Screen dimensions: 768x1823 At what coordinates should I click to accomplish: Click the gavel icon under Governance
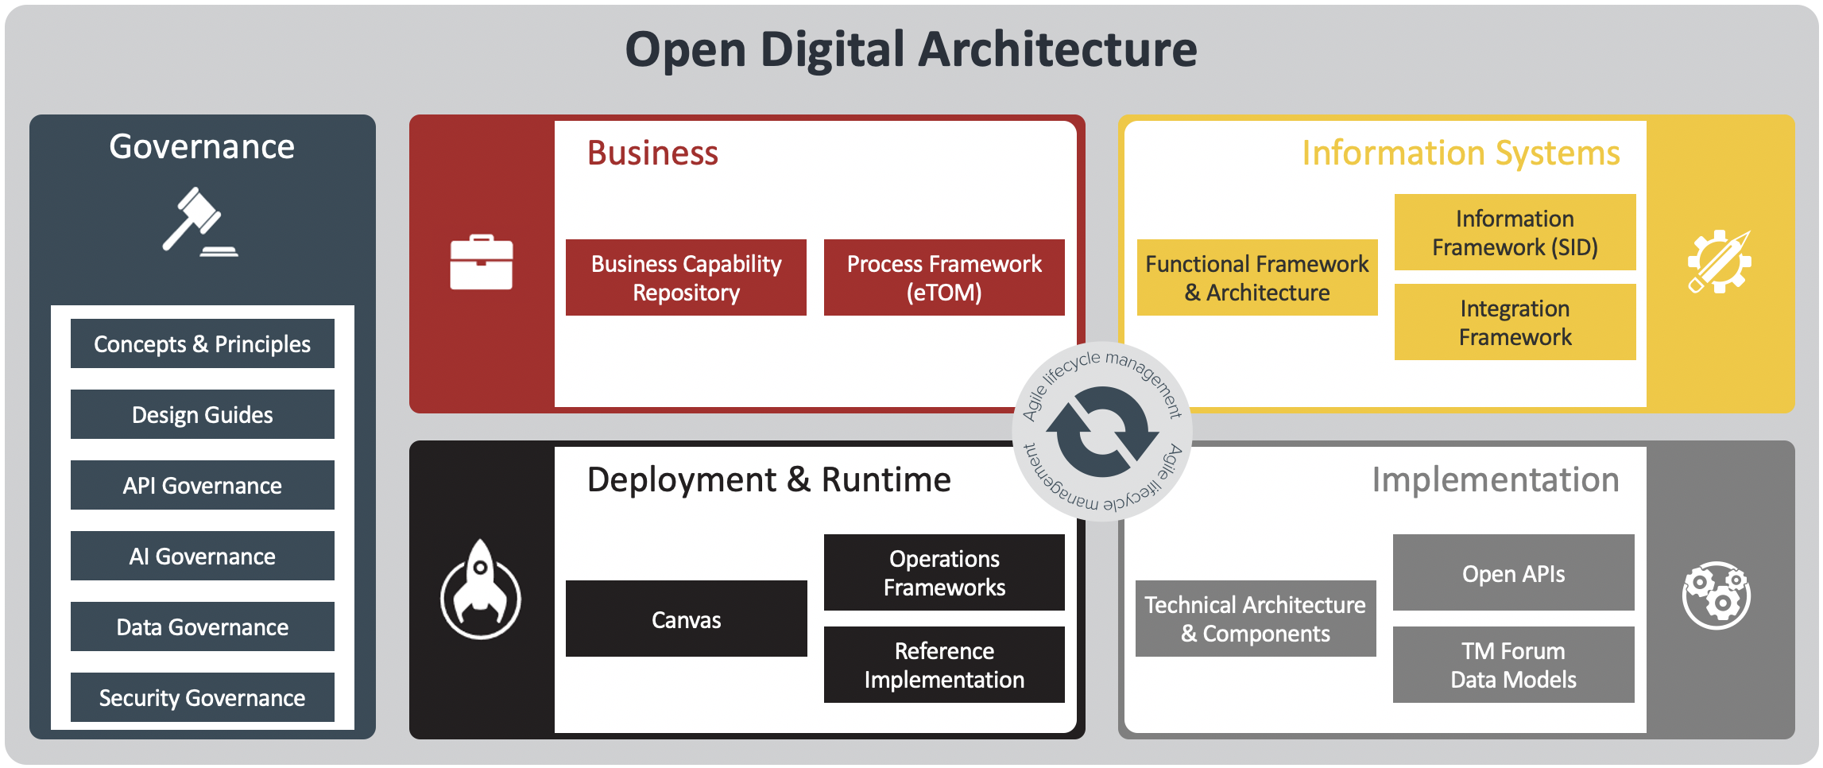point(199,223)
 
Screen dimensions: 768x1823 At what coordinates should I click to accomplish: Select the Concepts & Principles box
point(202,343)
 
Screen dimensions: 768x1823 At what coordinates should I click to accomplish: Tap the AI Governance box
point(202,556)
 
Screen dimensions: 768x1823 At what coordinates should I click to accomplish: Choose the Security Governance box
point(202,697)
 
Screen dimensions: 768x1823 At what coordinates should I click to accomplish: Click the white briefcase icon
point(481,262)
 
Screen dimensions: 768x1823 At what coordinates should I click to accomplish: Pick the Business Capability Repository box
point(686,277)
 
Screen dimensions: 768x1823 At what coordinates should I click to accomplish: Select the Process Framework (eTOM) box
point(943,277)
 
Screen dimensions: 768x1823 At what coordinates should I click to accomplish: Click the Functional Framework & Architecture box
point(1256,277)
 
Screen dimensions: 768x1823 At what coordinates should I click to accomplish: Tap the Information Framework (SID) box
point(1514,232)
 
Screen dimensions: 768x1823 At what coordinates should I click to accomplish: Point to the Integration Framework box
point(1514,322)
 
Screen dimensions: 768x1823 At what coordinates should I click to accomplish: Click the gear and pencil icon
point(1718,262)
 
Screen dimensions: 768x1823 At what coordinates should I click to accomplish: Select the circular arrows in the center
point(1101,432)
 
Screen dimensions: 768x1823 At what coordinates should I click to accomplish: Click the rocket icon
point(481,589)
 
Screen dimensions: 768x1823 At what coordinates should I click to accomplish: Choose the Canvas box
point(686,619)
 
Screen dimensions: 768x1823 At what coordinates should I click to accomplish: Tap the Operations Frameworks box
point(943,572)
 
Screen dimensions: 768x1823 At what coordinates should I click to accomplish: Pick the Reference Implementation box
point(943,665)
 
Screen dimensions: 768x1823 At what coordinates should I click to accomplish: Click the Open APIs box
point(1512,572)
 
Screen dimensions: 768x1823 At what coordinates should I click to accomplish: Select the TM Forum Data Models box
point(1512,665)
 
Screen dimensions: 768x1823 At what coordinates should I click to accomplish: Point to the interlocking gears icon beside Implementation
point(1717,595)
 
